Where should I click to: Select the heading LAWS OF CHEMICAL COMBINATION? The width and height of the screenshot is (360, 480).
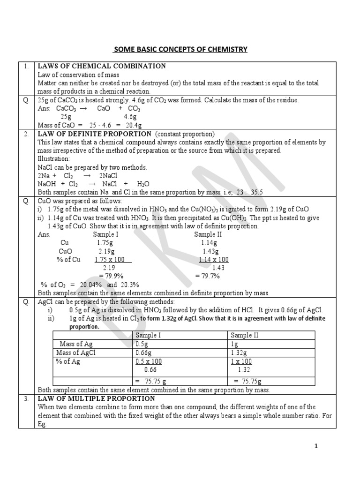pos(102,66)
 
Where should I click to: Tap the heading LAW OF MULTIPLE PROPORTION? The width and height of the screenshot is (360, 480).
pos(96,398)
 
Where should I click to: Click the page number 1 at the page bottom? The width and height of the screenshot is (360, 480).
pos(316,446)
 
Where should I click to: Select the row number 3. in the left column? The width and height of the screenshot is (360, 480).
pos(27,398)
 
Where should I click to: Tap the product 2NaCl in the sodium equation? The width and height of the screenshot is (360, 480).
pos(108,176)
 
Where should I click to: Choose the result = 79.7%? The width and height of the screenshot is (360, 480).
pos(208,276)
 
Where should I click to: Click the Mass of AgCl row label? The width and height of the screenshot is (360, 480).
pos(75,352)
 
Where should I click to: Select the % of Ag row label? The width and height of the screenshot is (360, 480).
pos(69,361)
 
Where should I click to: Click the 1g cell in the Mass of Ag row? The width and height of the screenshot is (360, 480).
pos(235,344)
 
